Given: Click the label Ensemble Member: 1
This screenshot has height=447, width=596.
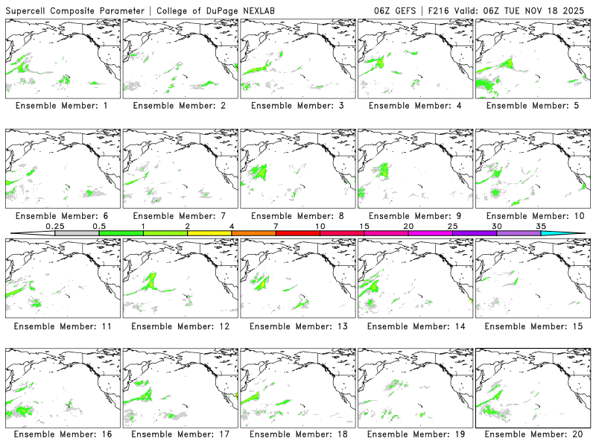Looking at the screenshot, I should coord(62,106).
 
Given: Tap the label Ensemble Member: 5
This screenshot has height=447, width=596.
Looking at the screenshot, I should coord(532,106).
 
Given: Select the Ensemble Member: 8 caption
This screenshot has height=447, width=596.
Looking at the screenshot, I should coord(297,216).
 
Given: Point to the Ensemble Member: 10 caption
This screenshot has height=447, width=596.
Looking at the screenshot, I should coord(532,216).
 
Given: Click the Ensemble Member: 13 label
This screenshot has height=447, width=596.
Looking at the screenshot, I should coord(297,326).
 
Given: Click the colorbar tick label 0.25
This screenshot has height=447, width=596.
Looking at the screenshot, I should coord(54,226).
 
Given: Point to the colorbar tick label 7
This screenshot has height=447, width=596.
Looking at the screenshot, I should coord(276,226).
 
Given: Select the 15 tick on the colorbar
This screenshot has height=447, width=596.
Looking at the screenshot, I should coord(364,226).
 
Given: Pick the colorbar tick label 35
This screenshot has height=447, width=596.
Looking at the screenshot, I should coord(541,226).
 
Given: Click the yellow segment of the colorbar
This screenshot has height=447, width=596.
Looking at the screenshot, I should coord(209,233).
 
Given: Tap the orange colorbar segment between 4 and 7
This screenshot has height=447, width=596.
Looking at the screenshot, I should coord(253,233).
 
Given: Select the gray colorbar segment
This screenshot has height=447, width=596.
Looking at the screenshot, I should coord(77,233).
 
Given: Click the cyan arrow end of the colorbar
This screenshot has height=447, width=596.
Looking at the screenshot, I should coord(566,233).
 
